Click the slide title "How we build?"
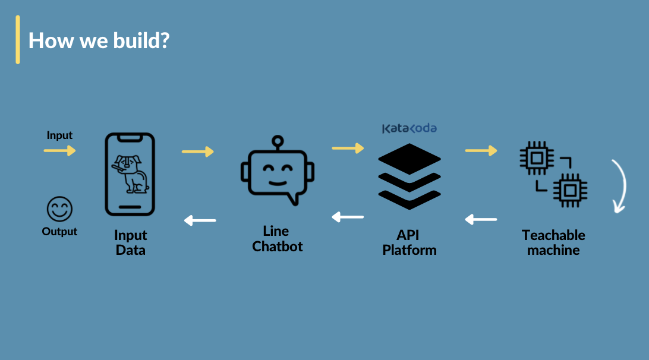pyautogui.click(x=99, y=40)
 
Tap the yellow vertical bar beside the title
pyautogui.click(x=18, y=40)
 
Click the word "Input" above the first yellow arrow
pyautogui.click(x=59, y=135)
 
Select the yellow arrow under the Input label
pyautogui.click(x=59, y=150)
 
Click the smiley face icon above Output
pyautogui.click(x=59, y=209)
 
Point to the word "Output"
pyautogui.click(x=59, y=231)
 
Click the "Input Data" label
pyautogui.click(x=130, y=242)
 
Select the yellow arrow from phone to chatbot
pyautogui.click(x=198, y=152)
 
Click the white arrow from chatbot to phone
pyautogui.click(x=200, y=220)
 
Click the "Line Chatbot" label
pyautogui.click(x=278, y=239)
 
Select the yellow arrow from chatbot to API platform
pyautogui.click(x=348, y=148)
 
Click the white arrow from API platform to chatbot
pyautogui.click(x=348, y=217)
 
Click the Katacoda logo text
pyautogui.click(x=409, y=128)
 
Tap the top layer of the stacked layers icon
pyautogui.click(x=409, y=159)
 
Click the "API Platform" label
pyautogui.click(x=409, y=242)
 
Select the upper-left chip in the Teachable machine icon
pyautogui.click(x=537, y=157)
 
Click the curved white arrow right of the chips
pyautogui.click(x=624, y=186)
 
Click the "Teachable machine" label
pyautogui.click(x=553, y=242)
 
